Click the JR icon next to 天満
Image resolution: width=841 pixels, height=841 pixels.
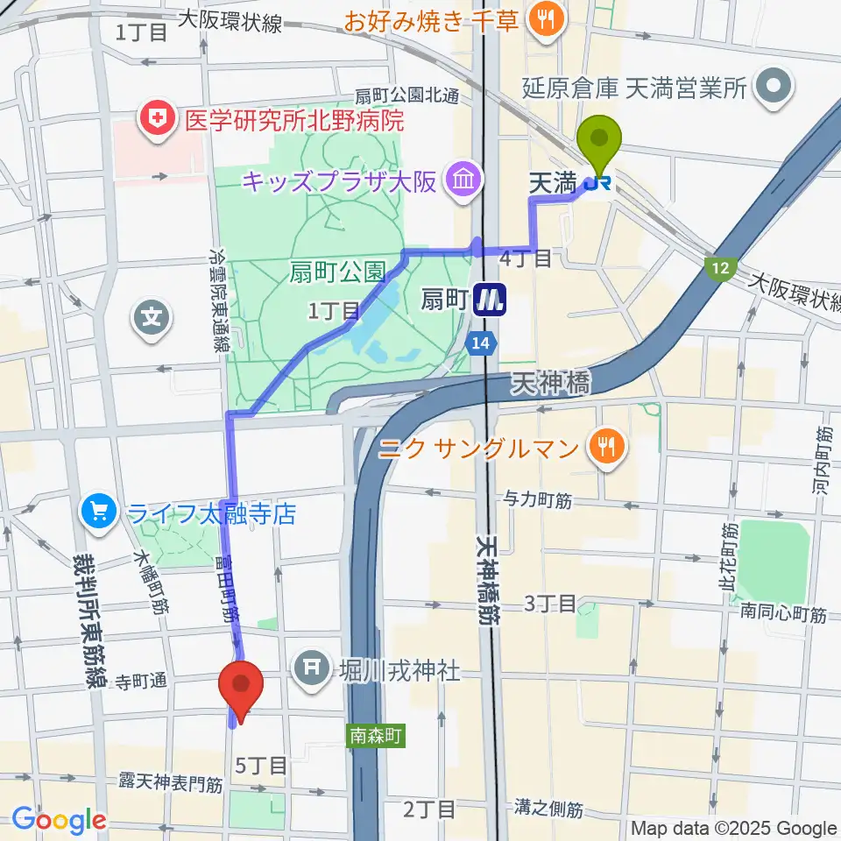click(600, 183)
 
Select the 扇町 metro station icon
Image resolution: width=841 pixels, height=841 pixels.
click(490, 301)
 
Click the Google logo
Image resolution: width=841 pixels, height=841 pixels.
click(59, 819)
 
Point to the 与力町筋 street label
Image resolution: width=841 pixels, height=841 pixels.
click(537, 501)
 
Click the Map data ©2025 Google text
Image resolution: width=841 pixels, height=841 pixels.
click(734, 829)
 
